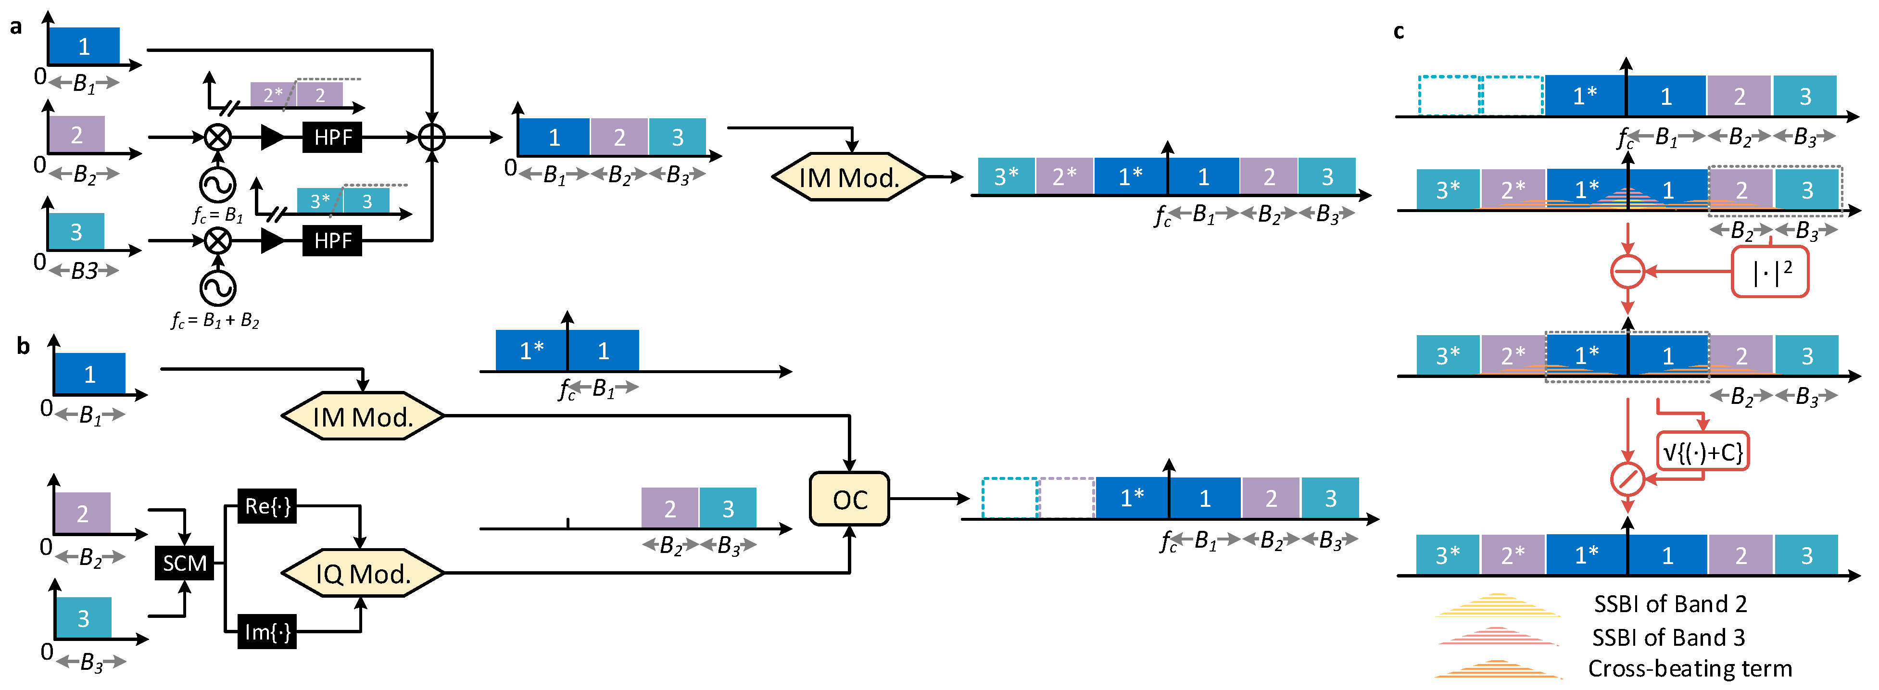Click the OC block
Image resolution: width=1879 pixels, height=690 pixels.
coord(849,499)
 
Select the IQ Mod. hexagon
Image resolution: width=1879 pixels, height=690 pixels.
coord(363,573)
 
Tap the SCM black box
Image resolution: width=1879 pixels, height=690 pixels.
coord(185,563)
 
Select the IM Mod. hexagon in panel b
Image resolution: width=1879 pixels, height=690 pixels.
coord(363,416)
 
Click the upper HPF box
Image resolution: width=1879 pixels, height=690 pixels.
coord(333,137)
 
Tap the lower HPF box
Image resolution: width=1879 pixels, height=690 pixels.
coord(333,240)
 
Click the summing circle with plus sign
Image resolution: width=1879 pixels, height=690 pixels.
coord(432,137)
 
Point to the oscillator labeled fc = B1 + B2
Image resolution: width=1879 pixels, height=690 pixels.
coord(217,288)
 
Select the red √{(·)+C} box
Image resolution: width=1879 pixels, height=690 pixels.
coord(1702,452)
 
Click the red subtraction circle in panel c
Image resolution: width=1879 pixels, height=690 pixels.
coord(1627,271)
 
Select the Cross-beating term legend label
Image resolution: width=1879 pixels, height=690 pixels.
coord(1690,668)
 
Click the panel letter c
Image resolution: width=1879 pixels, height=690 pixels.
coord(1398,31)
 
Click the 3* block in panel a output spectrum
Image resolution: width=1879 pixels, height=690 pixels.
coord(1006,176)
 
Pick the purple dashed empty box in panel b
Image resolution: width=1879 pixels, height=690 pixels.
coord(1066,498)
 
